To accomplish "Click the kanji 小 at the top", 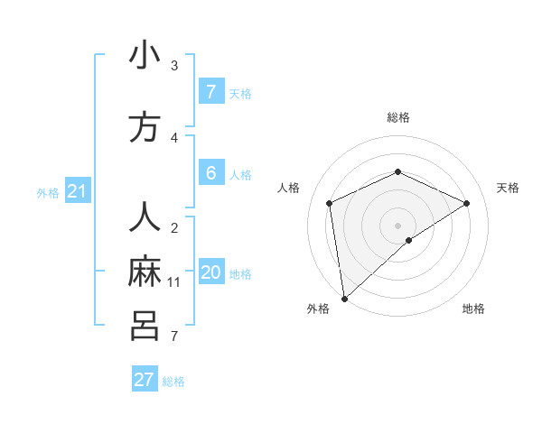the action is tap(145, 56).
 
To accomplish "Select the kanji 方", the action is tap(145, 128).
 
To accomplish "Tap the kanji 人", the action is tap(145, 217).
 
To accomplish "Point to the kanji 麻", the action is tap(145, 272).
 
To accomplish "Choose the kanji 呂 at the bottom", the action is tap(145, 326).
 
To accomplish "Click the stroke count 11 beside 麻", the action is tap(174, 282).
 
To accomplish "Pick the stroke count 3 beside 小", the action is tap(174, 66).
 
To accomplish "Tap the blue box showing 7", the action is tap(210, 91).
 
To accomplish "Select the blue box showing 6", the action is tap(210, 172).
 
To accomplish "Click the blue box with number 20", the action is tap(211, 273).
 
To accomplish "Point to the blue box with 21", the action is tap(77, 190).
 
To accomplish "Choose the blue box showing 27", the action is tap(145, 380).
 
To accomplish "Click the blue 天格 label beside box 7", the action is tap(240, 93).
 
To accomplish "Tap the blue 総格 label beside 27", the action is tap(173, 382).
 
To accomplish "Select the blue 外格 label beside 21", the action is tap(48, 192).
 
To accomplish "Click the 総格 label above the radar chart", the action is tap(397, 117).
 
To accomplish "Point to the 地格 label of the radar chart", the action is tap(473, 309).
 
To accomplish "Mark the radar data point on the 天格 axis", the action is tap(467, 203).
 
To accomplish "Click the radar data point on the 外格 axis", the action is tap(343, 298).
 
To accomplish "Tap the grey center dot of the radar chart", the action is tap(397, 224).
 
